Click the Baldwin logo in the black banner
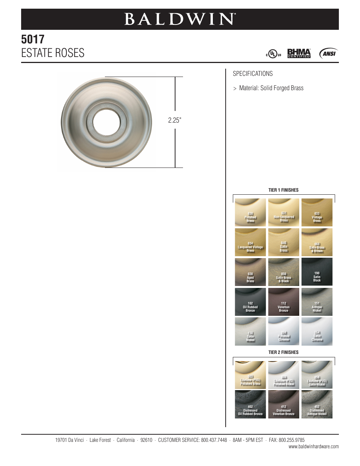click(180, 19)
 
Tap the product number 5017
click(33, 39)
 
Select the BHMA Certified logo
click(299, 53)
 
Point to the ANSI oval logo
click(328, 54)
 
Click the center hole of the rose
click(106, 122)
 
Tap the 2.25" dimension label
click(175, 120)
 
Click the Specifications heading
click(252, 74)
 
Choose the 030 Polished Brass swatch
click(250, 212)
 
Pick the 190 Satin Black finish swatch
click(317, 272)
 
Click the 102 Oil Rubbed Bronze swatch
click(250, 302)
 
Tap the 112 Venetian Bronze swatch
click(283, 302)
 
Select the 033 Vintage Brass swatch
click(317, 212)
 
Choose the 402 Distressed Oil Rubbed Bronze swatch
click(250, 404)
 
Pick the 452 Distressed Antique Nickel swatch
click(317, 404)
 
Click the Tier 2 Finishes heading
click(283, 352)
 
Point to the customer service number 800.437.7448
click(214, 440)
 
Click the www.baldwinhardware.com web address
click(314, 447)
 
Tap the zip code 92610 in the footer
click(146, 440)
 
